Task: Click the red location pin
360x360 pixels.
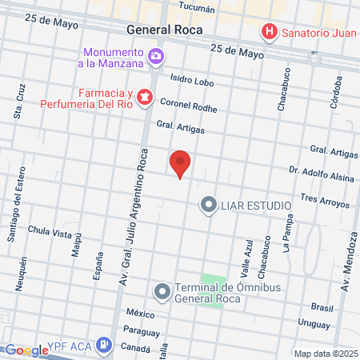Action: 181,163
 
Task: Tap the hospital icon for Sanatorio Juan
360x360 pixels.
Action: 270,32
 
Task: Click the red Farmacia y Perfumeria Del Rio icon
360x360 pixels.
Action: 145,97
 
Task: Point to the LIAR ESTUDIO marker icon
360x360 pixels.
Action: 209,206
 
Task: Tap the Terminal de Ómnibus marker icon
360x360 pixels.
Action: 162,290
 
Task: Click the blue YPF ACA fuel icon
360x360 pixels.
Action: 103,346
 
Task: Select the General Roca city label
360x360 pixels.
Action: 164,29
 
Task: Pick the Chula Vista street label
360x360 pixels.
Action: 50,232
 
